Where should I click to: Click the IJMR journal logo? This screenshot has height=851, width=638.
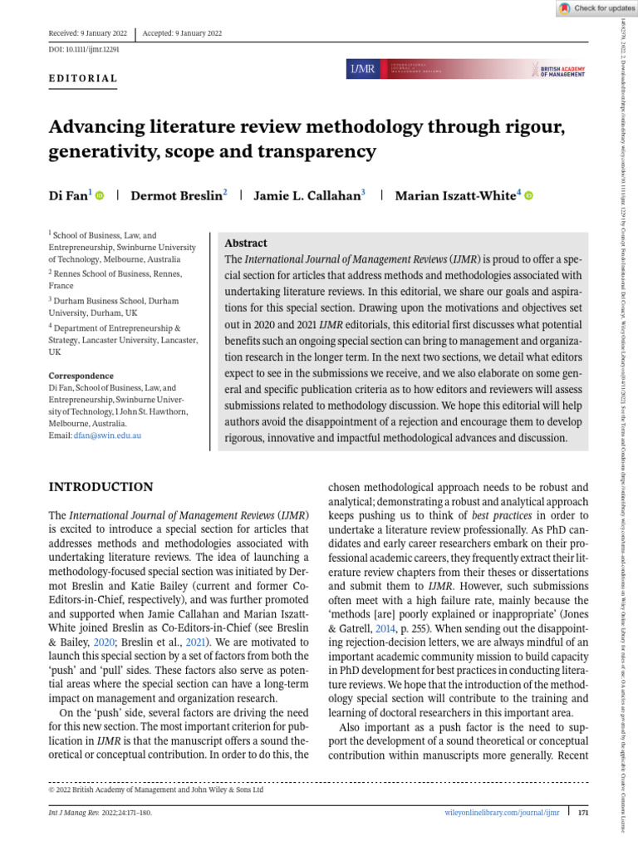[x=362, y=69]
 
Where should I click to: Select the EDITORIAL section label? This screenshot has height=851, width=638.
[x=83, y=79]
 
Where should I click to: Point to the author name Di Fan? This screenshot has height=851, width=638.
[x=69, y=195]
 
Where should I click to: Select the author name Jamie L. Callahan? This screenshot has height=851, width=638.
[x=307, y=195]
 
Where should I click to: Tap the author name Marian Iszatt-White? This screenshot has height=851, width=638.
[x=455, y=195]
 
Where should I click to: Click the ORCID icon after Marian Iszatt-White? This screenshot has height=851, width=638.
[x=528, y=196]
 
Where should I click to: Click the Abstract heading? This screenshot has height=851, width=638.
[x=246, y=243]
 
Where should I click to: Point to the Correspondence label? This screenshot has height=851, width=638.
[x=81, y=376]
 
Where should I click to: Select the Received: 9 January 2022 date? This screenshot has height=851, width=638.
[x=88, y=33]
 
